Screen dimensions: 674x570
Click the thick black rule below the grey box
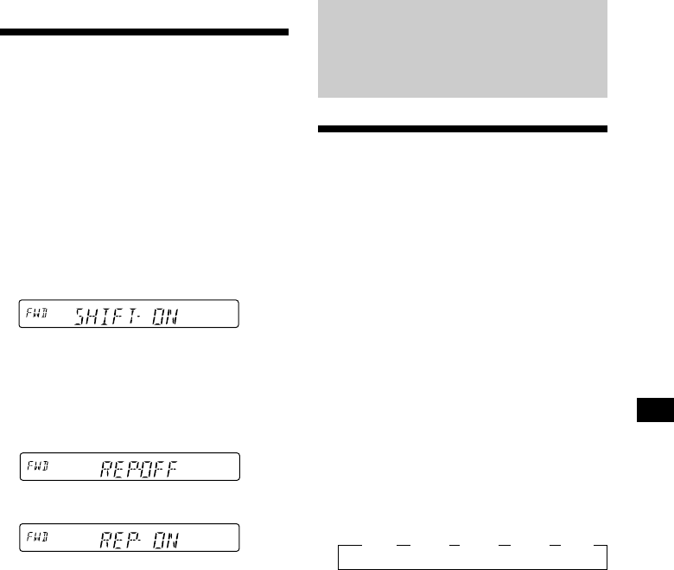(x=462, y=130)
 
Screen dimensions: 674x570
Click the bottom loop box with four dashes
(x=471, y=556)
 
